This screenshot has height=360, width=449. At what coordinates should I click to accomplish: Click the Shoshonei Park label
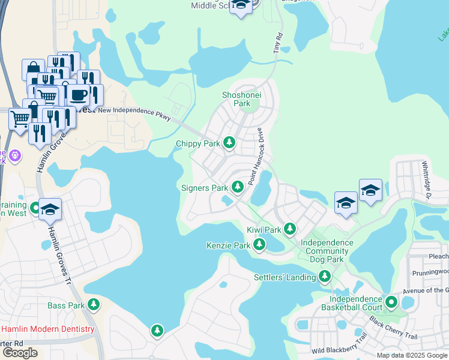click(236, 99)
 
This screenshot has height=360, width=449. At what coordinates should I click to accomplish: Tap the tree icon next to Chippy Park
click(229, 143)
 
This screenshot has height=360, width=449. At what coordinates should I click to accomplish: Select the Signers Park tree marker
click(237, 187)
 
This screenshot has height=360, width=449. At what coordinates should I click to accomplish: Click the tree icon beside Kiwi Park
click(290, 229)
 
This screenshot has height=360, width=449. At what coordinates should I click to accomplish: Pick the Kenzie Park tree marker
click(259, 244)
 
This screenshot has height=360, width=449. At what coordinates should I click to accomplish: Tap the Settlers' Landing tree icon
click(325, 276)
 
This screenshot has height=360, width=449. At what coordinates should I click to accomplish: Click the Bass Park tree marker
click(93, 304)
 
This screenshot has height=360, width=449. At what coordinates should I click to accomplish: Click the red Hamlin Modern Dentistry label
click(47, 329)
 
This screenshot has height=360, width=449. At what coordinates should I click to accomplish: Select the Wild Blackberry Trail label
click(339, 346)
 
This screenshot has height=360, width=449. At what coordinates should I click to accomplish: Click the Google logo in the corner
click(19, 353)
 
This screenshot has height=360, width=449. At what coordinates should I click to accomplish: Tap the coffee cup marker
click(78, 94)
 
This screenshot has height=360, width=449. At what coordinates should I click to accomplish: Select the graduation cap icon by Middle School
click(241, 6)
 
